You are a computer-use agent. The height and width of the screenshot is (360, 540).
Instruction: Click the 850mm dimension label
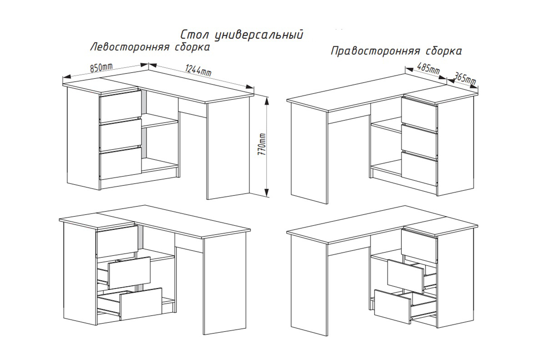coord(101,67)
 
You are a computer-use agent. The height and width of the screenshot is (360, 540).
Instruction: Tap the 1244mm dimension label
coord(198,70)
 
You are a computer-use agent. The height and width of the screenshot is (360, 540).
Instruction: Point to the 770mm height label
coord(262,144)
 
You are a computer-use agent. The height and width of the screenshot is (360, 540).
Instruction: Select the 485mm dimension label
coord(428,68)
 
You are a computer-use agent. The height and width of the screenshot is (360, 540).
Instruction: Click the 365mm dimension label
coord(465,78)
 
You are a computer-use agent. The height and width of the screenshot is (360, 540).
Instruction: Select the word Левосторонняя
coord(129,47)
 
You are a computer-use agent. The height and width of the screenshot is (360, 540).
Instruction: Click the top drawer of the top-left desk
coord(120,106)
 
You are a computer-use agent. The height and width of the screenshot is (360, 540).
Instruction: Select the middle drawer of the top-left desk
coord(120,135)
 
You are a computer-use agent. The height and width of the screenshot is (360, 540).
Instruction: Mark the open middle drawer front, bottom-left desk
coord(130,273)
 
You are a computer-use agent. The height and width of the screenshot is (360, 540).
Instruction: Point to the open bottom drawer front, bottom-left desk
coord(141,304)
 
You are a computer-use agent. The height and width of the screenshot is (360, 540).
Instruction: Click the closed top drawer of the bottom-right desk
coord(419,246)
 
